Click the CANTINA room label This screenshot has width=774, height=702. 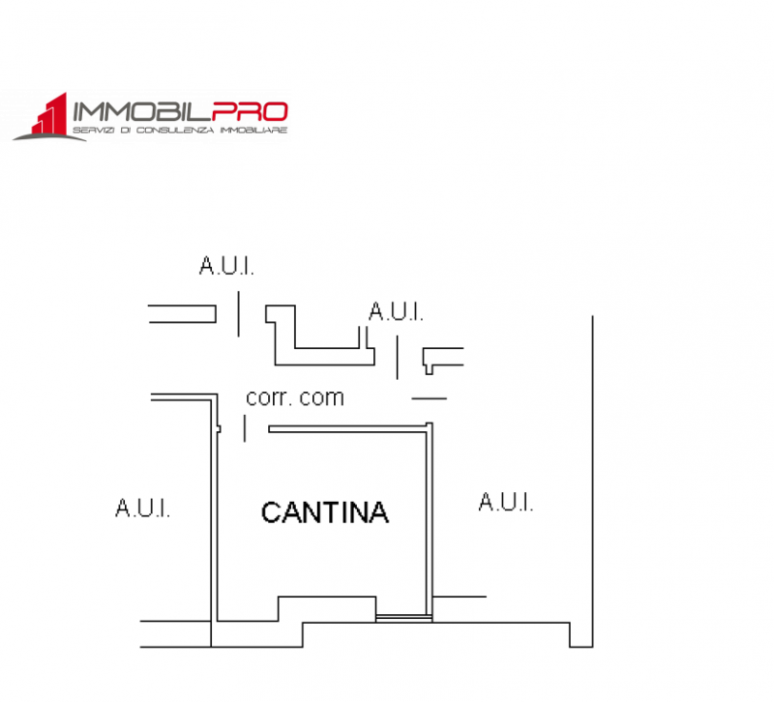(x=325, y=512)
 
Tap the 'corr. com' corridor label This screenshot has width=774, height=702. (x=295, y=397)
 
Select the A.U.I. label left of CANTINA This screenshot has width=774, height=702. (x=142, y=508)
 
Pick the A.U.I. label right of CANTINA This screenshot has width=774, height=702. (x=506, y=502)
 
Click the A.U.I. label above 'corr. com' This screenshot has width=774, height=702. (x=396, y=311)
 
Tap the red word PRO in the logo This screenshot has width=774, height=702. (x=250, y=112)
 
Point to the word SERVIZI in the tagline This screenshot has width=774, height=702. (x=94, y=131)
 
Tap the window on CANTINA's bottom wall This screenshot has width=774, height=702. (x=403, y=618)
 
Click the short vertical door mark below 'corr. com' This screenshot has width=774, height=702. (x=245, y=428)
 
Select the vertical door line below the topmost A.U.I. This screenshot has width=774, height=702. (x=239, y=313)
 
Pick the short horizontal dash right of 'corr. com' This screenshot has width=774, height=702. (x=430, y=398)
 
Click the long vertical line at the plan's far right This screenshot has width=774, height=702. (x=592, y=481)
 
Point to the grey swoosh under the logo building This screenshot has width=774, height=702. (x=49, y=136)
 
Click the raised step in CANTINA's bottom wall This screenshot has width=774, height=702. (x=327, y=597)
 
